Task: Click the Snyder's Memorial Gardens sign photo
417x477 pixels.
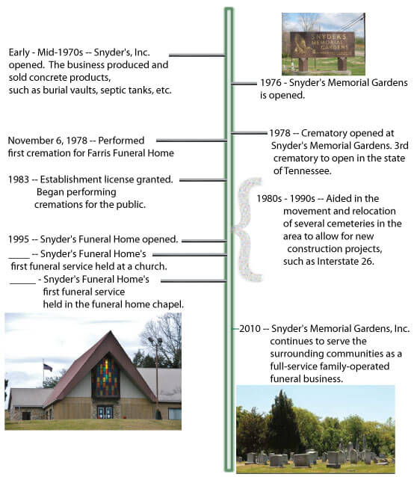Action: (x=323, y=43)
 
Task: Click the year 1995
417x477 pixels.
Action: (x=20, y=240)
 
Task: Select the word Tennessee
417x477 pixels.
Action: (x=299, y=170)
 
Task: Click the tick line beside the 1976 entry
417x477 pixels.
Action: (x=244, y=84)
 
